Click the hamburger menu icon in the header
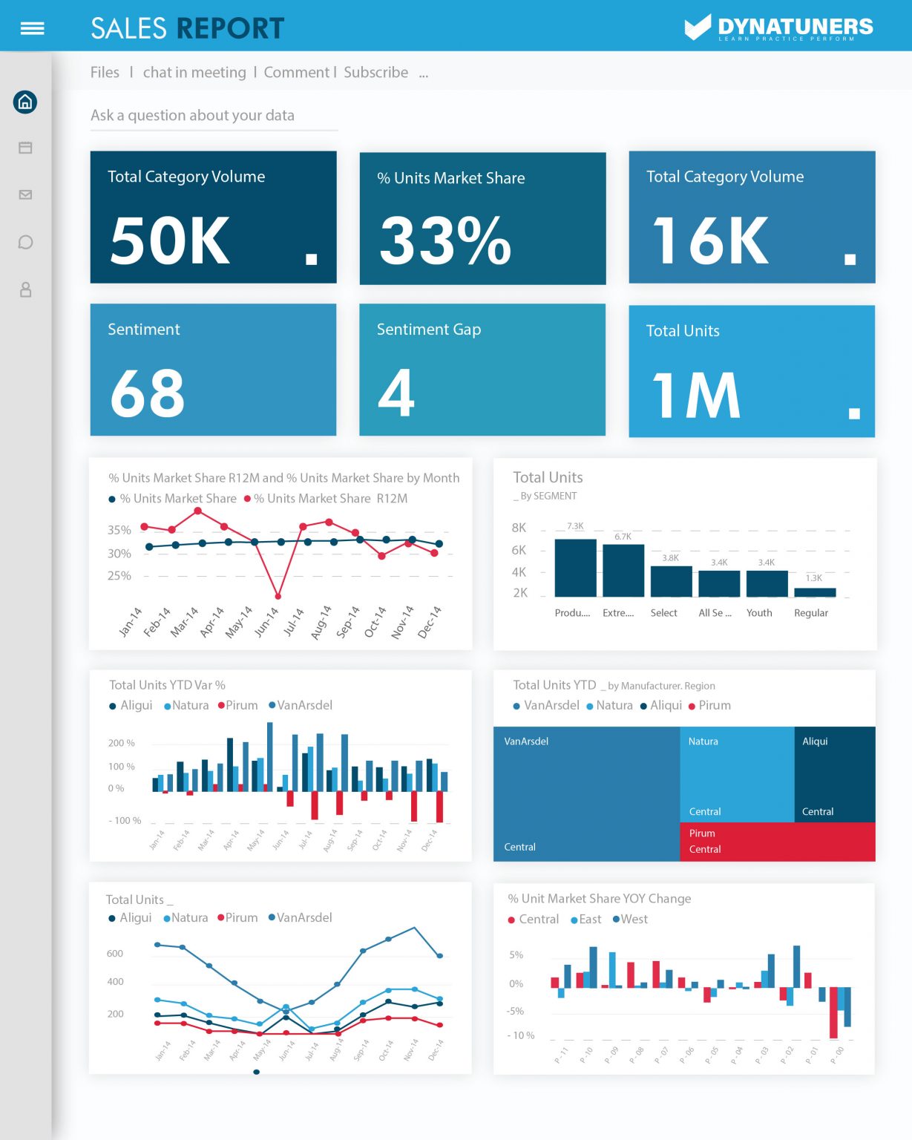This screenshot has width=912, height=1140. coord(32,28)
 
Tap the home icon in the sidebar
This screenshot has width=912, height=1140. coord(25,102)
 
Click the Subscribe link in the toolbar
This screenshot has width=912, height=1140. coord(375,72)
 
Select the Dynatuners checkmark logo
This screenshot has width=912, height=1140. coord(698,27)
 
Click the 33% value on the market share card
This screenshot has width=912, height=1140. coord(445,240)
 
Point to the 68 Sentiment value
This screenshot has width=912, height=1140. coord(147,393)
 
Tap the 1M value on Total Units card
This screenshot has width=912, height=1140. coord(696,396)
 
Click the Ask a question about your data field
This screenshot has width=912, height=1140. coord(214,116)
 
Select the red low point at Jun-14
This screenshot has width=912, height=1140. coord(278,596)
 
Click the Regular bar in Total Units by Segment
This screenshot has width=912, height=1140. coord(815,592)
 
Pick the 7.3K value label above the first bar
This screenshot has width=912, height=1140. coord(575,526)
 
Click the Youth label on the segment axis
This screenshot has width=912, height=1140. coord(759,613)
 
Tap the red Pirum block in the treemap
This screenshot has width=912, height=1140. coord(777,842)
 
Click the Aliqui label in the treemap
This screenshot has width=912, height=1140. coord(815,741)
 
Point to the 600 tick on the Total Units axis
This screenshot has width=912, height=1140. coord(115,954)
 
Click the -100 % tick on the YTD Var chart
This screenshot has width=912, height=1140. coord(125,821)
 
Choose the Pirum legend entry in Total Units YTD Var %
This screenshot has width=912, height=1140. coord(237,705)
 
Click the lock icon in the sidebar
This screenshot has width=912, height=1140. coord(25,289)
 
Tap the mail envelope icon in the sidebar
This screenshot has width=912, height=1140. coord(25,194)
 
